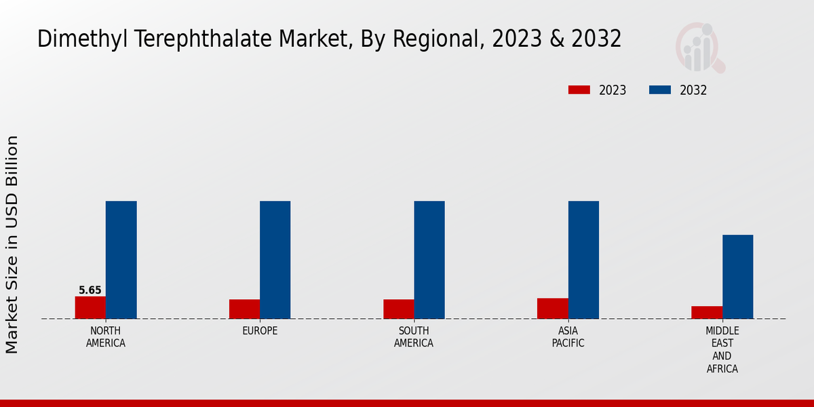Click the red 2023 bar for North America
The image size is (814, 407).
pos(90,307)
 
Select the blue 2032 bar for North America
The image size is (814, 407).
pos(121,260)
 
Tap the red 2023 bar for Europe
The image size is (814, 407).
pos(244,309)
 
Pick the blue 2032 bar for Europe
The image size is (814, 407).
pos(275,260)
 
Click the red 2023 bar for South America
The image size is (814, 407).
pos(398,309)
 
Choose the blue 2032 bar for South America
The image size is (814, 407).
pos(429,260)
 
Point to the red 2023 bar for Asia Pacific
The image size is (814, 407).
pos(552,308)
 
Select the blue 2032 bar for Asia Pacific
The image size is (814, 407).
pos(583,260)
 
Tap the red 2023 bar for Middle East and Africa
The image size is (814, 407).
pos(707,312)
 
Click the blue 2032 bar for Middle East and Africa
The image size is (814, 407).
pos(737,277)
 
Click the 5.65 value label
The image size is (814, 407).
pos(90,290)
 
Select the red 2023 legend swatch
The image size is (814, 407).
pos(579,90)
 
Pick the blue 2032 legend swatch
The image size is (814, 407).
pos(660,90)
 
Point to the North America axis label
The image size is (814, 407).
pos(106,337)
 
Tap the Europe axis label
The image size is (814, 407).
pos(260,331)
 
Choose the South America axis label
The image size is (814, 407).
pos(414,337)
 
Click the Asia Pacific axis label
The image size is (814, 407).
pos(568,337)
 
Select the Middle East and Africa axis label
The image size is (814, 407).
pos(722,350)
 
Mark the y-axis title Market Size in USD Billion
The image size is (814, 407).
pos(12,244)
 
